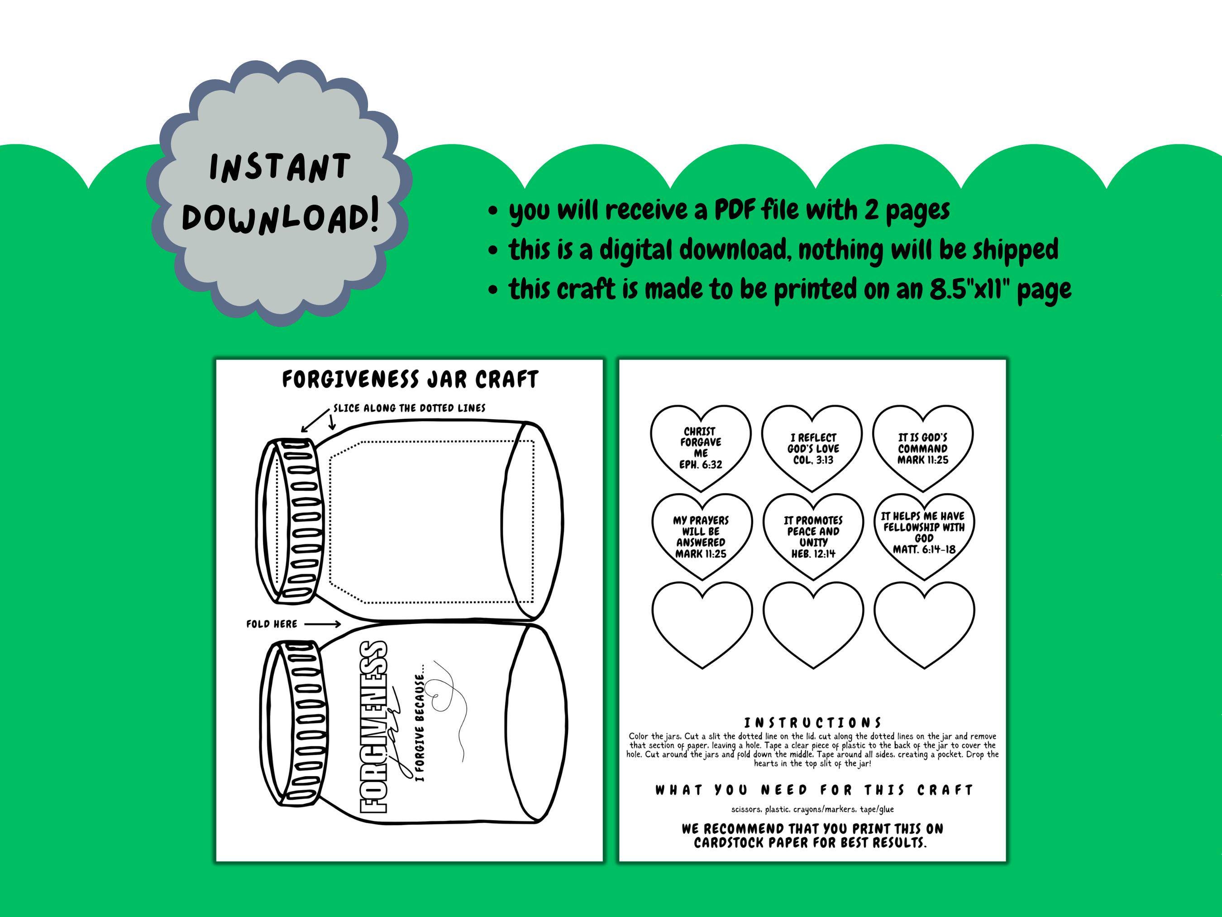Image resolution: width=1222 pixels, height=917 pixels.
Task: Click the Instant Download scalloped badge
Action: point(280,193)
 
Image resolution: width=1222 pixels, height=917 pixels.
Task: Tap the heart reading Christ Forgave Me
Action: point(701,448)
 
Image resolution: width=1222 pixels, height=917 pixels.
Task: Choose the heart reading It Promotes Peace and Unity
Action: point(813,536)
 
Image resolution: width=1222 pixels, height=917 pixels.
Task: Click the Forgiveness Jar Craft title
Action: point(410,380)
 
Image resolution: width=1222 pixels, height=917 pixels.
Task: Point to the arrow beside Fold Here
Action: point(322,624)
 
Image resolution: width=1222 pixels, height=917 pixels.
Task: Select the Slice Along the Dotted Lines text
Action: point(409,408)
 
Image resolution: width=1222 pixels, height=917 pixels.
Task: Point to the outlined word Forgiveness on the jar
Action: point(374,727)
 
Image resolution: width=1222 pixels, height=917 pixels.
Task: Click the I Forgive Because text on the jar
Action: point(421,727)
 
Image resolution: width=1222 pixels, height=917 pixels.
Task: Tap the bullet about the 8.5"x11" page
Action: point(789,288)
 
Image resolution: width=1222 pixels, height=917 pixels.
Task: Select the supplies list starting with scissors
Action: point(812,809)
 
